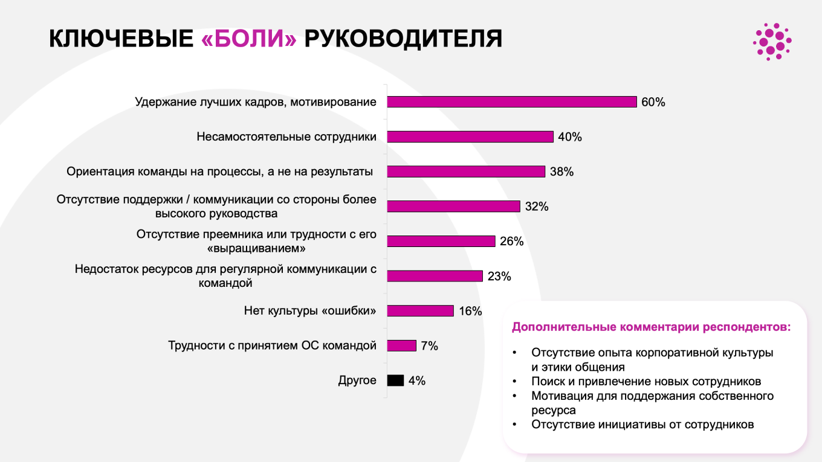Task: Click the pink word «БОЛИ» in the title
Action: click(248, 39)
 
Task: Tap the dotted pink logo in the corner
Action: click(772, 41)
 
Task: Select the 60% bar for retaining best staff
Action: click(511, 102)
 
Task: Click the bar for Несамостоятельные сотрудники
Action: click(470, 137)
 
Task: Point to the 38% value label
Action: click(561, 172)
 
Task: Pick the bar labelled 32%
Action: click(453, 207)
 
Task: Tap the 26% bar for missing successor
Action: click(441, 242)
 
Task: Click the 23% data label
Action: click(499, 277)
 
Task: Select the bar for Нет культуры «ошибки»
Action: click(420, 311)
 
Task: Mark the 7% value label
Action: click(429, 346)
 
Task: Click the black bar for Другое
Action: click(395, 380)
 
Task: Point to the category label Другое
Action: click(357, 380)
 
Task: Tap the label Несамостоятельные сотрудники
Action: click(286, 137)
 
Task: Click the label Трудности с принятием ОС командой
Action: click(272, 346)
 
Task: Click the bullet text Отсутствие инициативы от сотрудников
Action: click(642, 424)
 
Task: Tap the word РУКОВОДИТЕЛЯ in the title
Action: click(403, 39)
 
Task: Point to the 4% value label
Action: click(417, 380)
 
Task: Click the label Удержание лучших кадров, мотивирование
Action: click(256, 102)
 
